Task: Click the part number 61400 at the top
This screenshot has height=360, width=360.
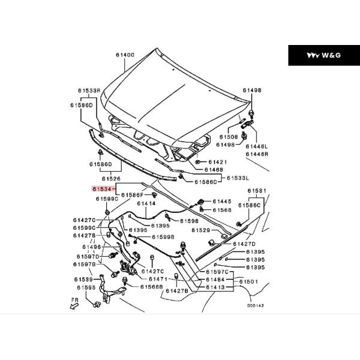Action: pos(125,55)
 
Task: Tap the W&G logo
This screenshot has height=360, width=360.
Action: pos(323,55)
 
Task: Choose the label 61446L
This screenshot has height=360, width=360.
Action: pos(256,146)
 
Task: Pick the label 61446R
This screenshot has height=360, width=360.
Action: pos(256,154)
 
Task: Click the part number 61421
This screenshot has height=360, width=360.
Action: pos(218,162)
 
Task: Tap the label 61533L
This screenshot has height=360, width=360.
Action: pos(238,178)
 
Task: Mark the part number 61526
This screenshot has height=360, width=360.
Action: pos(111,178)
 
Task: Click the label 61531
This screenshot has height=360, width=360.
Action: pos(257,191)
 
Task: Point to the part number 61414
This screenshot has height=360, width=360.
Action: pos(146,204)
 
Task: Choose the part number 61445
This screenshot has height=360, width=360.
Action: pos(222,201)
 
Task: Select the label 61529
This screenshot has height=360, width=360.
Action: pos(201,230)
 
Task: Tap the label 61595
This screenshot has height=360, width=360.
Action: pos(86,287)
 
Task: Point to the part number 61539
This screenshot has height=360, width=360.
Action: pos(83,279)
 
